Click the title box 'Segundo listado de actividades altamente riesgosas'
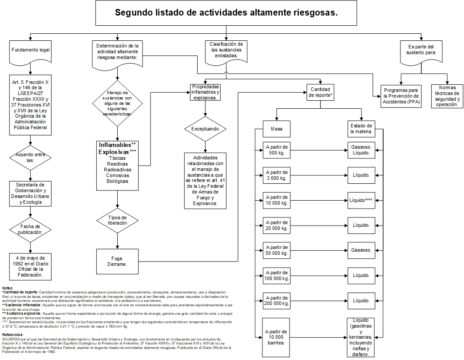click(226, 13)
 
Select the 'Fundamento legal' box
click(30, 51)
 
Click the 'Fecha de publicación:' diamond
click(30, 229)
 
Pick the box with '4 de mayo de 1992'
click(30, 265)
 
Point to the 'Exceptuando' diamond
click(205, 129)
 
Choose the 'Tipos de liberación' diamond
click(117, 220)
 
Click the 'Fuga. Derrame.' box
click(117, 261)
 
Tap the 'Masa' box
click(276, 129)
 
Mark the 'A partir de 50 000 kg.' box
click(276, 250)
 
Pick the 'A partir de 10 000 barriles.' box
click(276, 337)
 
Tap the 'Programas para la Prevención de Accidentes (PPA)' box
click(401, 96)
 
